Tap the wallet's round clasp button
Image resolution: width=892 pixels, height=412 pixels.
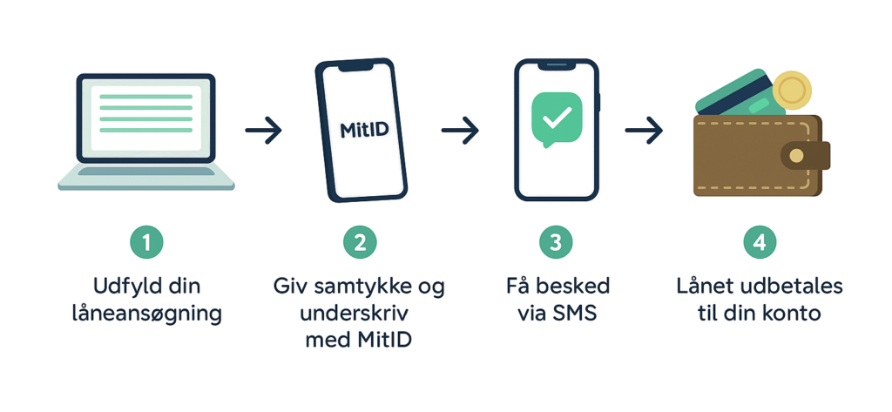(794, 157)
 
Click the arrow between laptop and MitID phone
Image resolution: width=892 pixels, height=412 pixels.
(264, 132)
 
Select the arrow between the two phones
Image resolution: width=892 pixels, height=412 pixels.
(461, 132)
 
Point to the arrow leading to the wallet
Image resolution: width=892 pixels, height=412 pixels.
(644, 132)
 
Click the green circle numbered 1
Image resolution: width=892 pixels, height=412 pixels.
(146, 243)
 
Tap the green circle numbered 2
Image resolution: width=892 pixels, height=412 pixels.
(359, 243)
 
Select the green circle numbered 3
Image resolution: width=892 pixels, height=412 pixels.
(555, 243)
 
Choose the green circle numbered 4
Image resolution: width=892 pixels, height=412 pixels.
(760, 243)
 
